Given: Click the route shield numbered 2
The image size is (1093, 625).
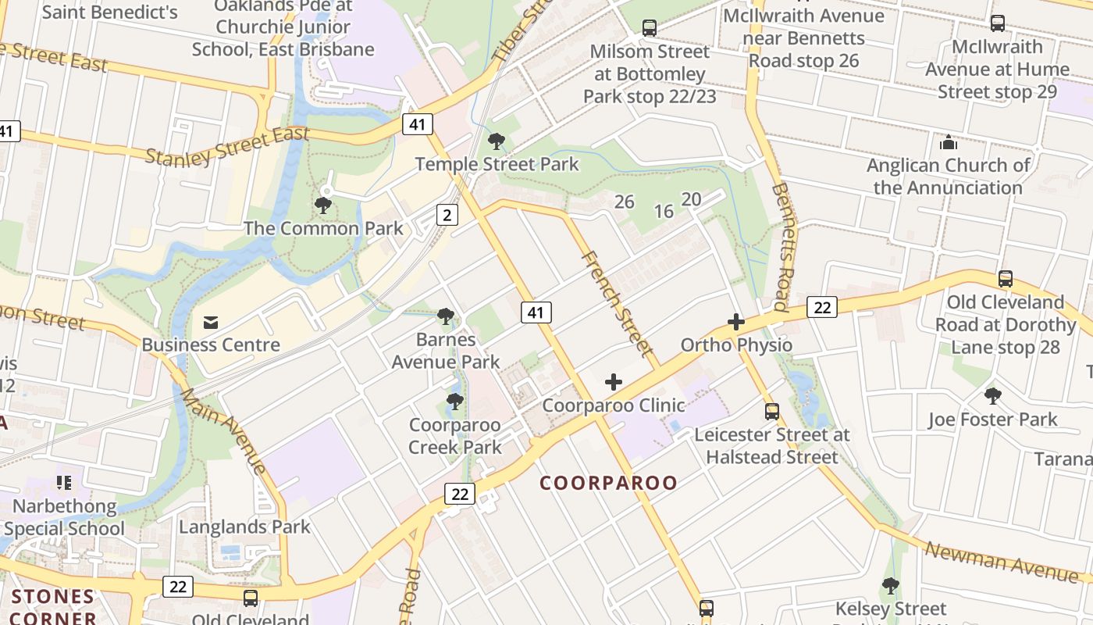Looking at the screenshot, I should point(447,215).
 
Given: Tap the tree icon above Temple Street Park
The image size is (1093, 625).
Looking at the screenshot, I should point(496,141).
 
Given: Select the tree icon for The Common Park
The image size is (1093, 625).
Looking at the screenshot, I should point(322,205).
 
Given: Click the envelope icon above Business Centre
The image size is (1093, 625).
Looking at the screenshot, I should point(210,322).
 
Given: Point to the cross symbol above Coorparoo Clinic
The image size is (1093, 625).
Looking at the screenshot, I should point(614,382).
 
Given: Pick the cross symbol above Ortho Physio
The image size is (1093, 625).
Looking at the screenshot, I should point(735,322).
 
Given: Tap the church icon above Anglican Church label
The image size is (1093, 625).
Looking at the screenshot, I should point(949,142).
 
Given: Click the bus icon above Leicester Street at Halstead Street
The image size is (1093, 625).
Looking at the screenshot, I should point(772,411).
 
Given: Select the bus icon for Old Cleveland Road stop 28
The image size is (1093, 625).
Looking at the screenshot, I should point(1006,278).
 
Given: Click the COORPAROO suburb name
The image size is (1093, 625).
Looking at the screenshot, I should point(609,483).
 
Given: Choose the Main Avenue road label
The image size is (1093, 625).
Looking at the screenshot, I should point(225,430).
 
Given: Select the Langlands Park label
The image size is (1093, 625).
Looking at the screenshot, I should point(244,527).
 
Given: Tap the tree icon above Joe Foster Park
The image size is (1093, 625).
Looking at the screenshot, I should point(992,396).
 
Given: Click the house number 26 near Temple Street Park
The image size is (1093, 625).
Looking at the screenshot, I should point(624,202).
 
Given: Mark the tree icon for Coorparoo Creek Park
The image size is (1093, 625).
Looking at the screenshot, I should point(454,402).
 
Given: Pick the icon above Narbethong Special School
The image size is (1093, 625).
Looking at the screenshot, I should point(63,483).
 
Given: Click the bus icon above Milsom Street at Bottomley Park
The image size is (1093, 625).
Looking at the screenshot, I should point(650,28).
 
